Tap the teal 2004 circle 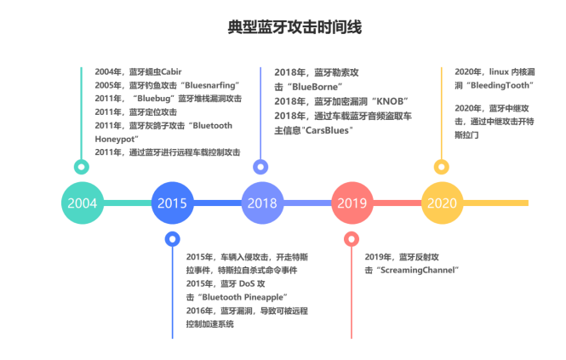pyautogui.click(x=82, y=203)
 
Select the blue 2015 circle pyautogui.click(x=172, y=203)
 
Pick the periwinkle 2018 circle pyautogui.click(x=261, y=203)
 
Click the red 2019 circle pyautogui.click(x=352, y=203)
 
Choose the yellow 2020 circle pyautogui.click(x=441, y=203)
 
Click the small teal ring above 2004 pyautogui.click(x=82, y=166)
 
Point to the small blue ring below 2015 pyautogui.click(x=172, y=239)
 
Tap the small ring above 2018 pyautogui.click(x=261, y=166)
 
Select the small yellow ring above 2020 pyautogui.click(x=441, y=166)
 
